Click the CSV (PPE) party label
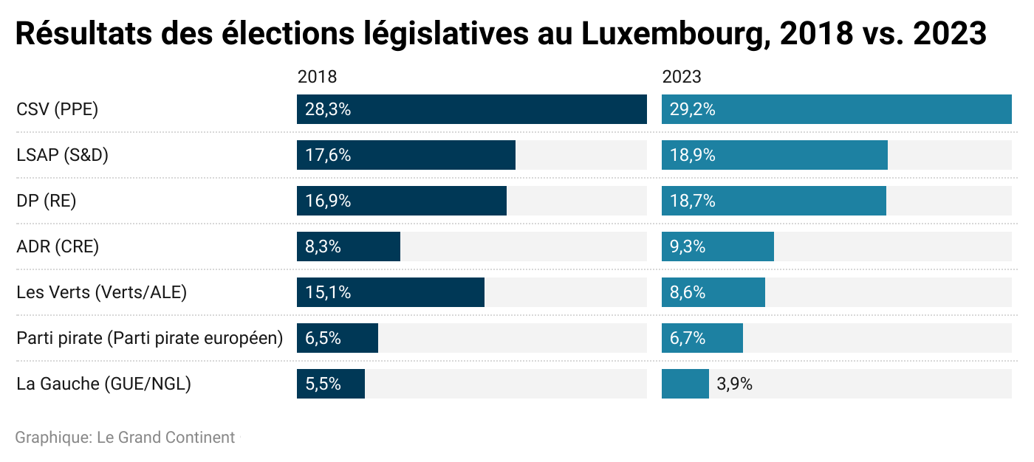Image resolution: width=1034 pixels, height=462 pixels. click(57, 110)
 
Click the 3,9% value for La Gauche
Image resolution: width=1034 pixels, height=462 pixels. click(734, 384)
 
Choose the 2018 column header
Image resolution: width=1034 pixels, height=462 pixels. click(317, 77)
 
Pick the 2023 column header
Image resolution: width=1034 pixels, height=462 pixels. click(682, 77)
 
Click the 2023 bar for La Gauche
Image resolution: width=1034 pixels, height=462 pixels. click(685, 384)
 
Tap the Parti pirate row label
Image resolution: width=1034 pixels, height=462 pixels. click(150, 338)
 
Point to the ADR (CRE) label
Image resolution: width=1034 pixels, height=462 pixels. click(58, 246)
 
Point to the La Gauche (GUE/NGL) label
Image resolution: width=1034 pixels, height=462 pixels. click(103, 384)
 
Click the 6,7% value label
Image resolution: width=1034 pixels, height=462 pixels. click(688, 338)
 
